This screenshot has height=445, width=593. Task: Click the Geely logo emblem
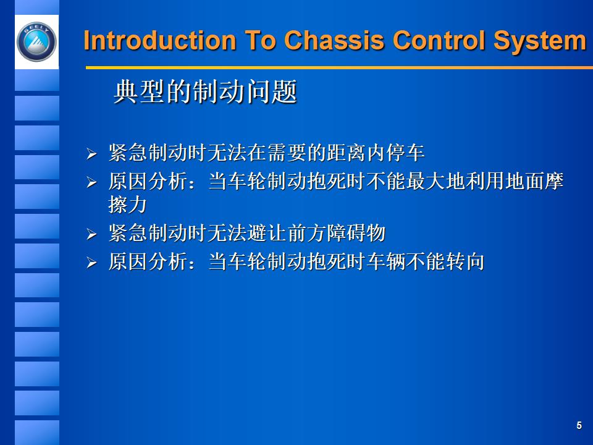click(36, 43)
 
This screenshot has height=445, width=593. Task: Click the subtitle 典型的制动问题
click(205, 93)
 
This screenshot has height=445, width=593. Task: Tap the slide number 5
click(579, 425)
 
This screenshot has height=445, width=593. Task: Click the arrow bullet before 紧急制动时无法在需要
click(91, 153)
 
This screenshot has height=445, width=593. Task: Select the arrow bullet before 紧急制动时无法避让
click(91, 235)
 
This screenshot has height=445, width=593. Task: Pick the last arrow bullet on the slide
click(91, 264)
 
